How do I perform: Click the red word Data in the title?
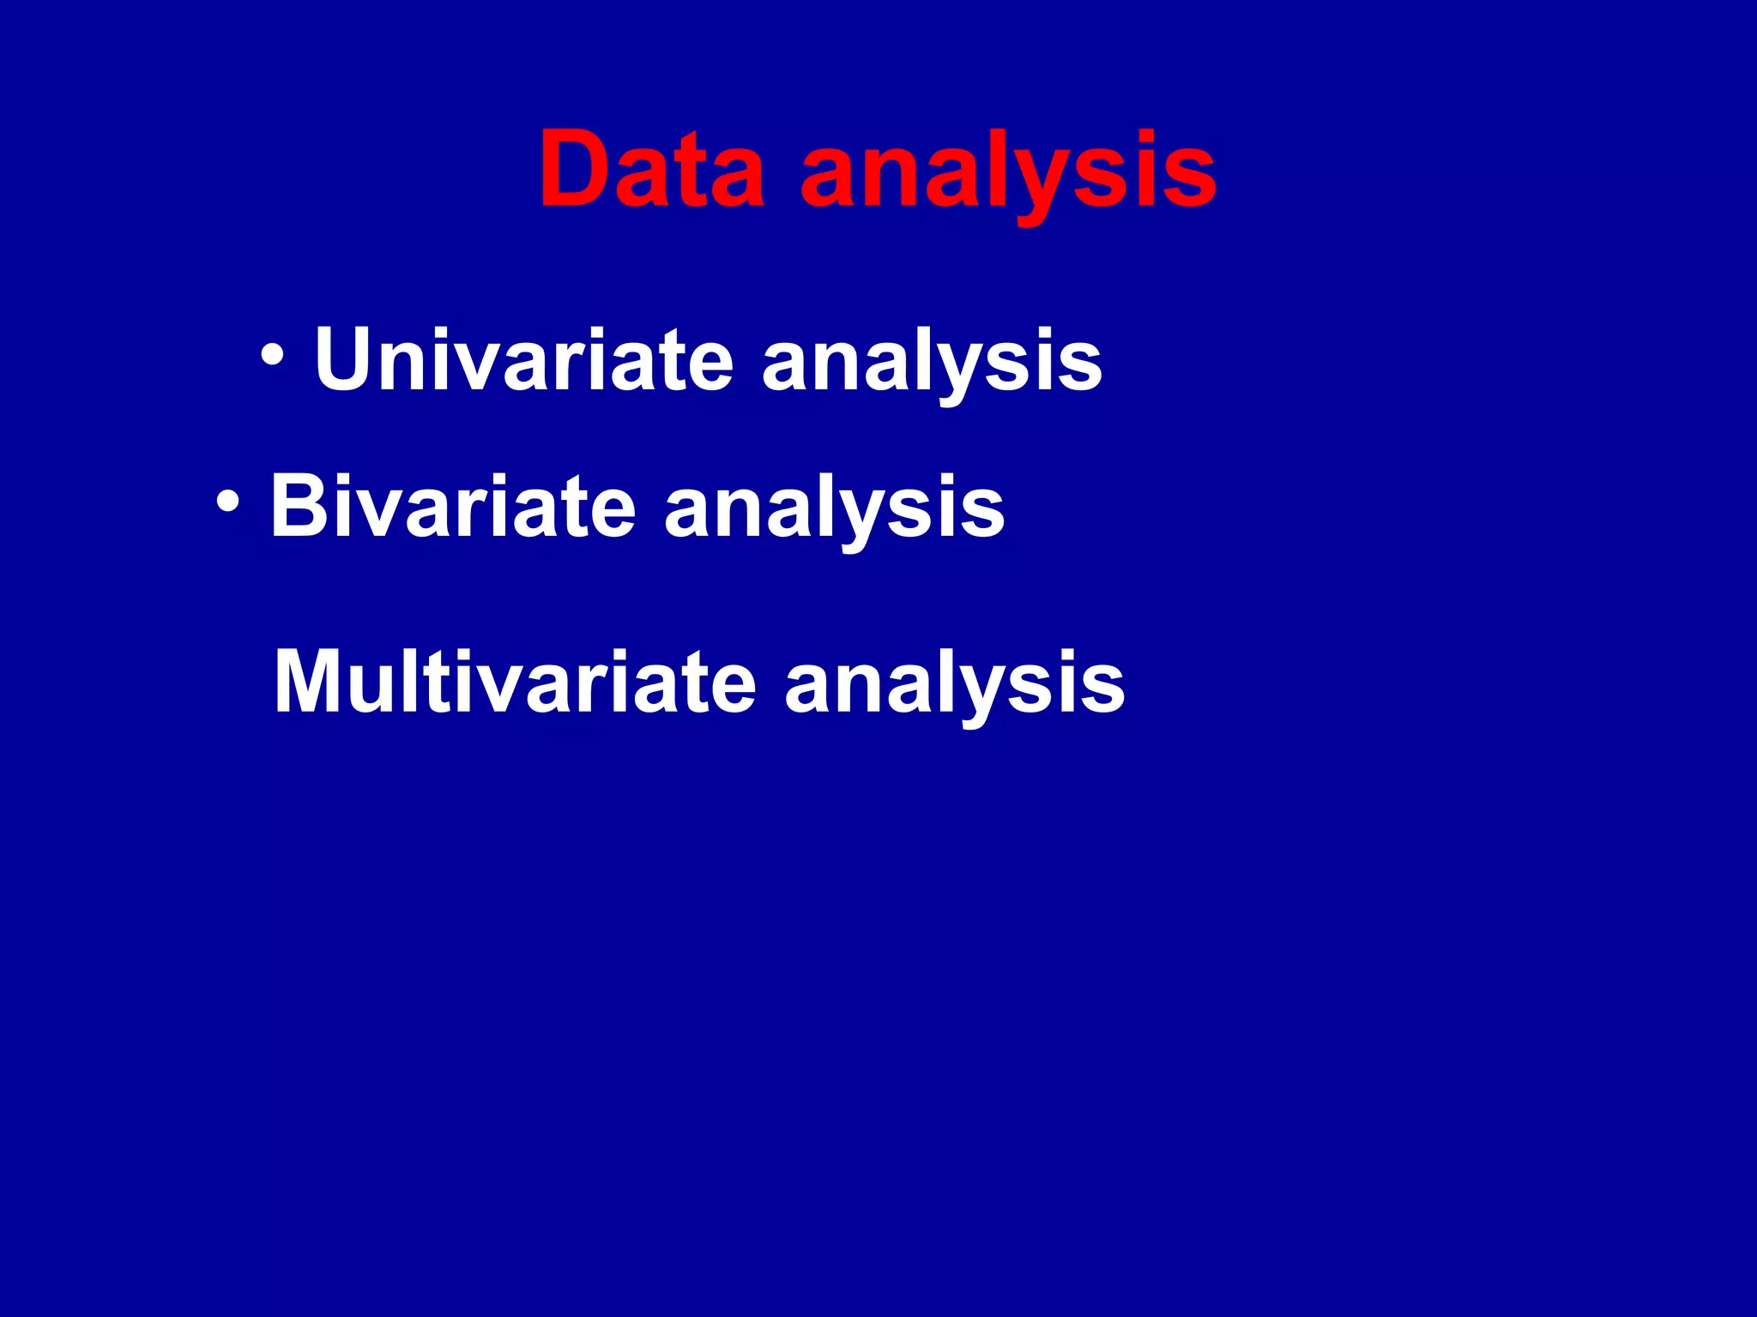[651, 169]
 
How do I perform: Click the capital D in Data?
[577, 169]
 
